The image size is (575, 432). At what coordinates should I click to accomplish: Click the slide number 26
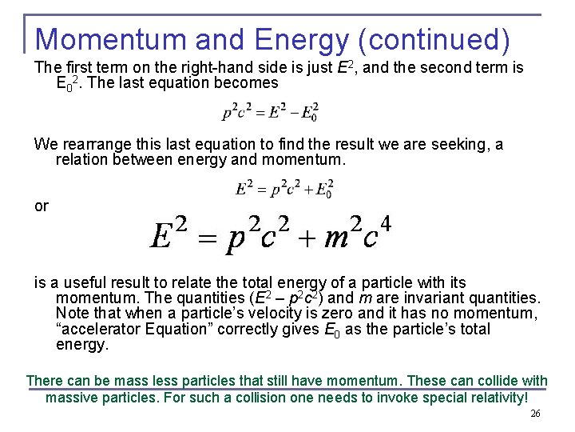coord(535,414)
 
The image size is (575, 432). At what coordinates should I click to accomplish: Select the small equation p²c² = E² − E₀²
coord(269,111)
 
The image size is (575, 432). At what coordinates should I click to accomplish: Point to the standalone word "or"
coord(42,206)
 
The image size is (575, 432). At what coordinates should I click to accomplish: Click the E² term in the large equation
coord(170,233)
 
